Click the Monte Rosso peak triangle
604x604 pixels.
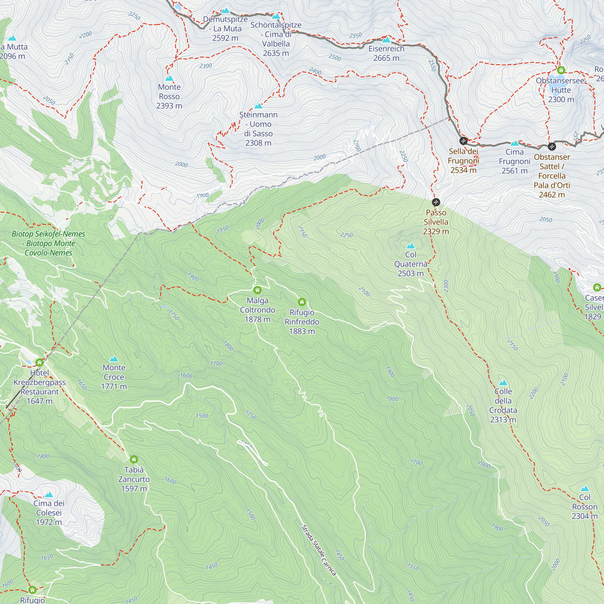[169, 79]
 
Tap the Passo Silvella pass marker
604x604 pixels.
[436, 202]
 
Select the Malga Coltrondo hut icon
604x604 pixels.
[257, 290]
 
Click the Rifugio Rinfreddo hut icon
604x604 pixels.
[302, 302]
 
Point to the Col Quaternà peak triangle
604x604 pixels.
[410, 246]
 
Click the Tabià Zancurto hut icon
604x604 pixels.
[134, 459]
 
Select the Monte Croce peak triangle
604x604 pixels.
[114, 359]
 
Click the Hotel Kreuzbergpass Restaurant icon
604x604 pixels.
[39, 363]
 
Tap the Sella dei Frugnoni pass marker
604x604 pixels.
[463, 141]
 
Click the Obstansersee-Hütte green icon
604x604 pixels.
[561, 70]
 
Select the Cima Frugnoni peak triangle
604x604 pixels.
[514, 143]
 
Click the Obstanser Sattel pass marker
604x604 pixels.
[552, 146]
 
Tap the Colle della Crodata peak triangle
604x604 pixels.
[503, 383]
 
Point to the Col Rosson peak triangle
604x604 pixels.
[585, 489]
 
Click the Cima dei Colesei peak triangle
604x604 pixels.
[49, 495]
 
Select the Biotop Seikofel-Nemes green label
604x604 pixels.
[48, 243]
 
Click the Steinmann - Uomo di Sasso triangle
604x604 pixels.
[258, 106]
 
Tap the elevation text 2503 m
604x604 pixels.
[410, 274]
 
